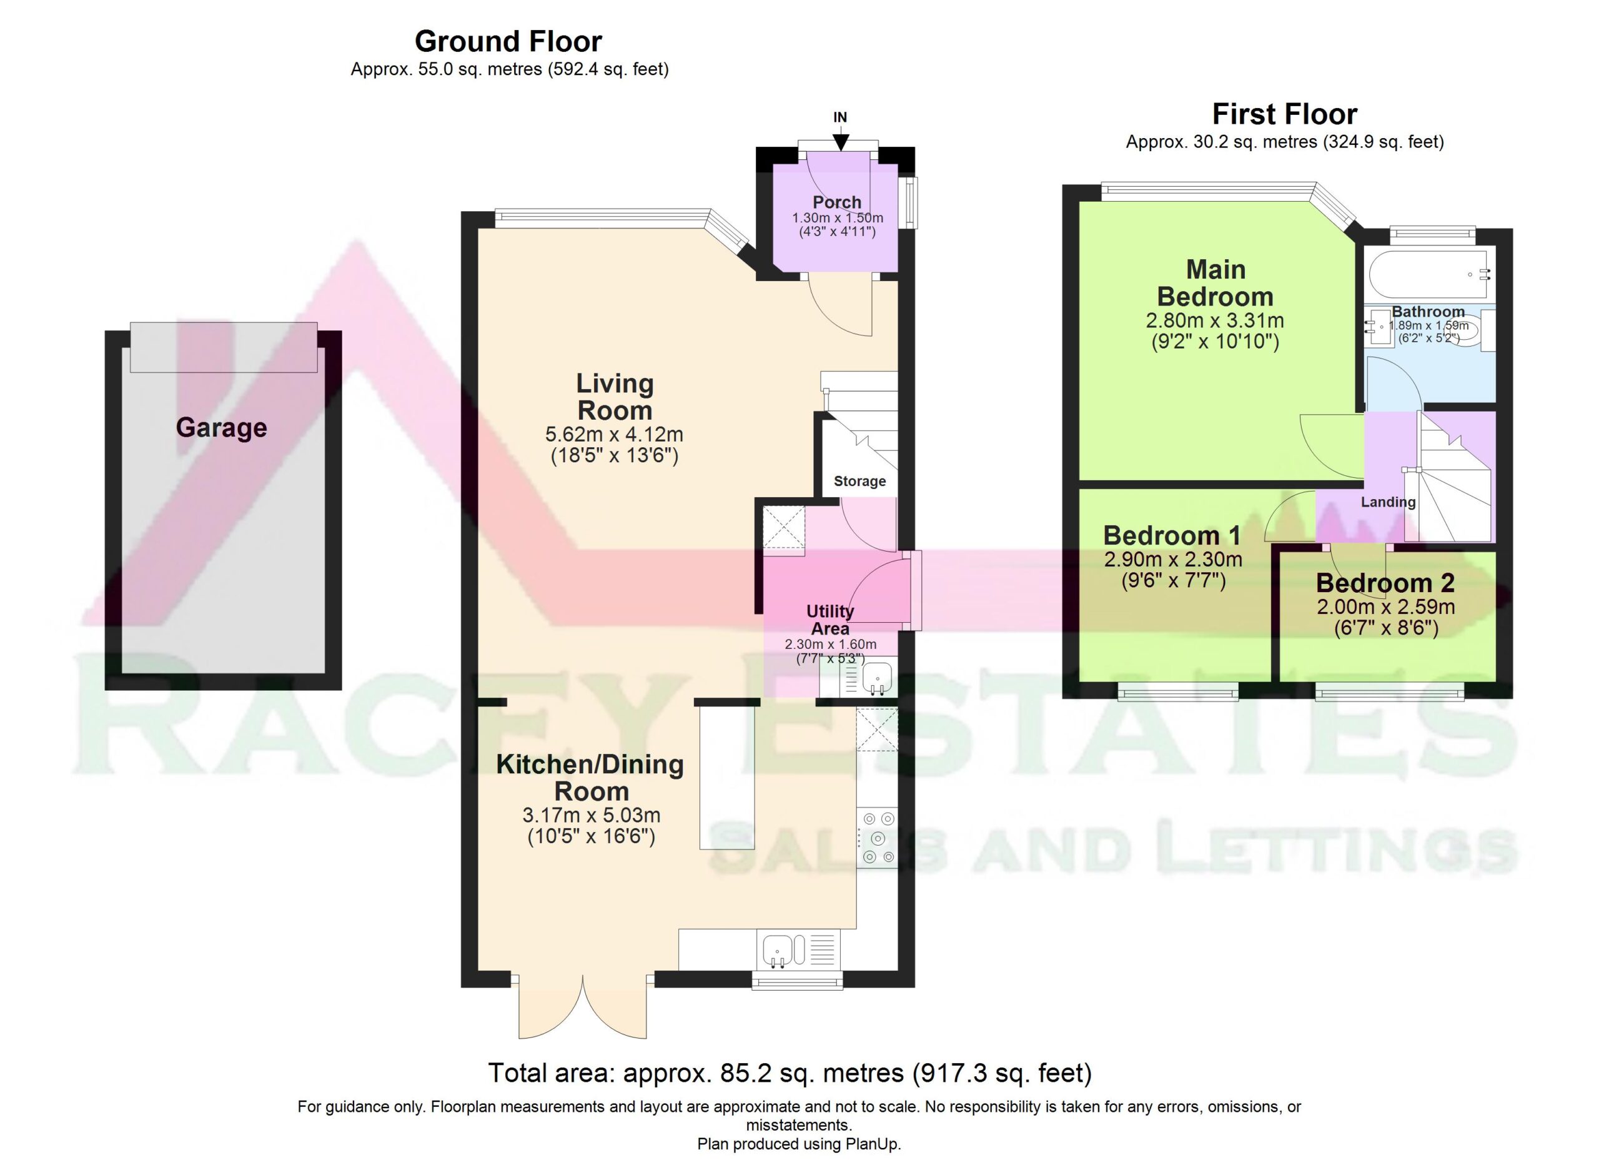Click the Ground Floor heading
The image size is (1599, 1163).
[508, 42]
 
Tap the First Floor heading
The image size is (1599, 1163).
[1285, 114]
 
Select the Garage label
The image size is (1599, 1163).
[221, 428]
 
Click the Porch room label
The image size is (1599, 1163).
[837, 202]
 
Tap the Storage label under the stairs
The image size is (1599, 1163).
[859, 482]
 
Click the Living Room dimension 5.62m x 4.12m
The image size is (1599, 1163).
[614, 434]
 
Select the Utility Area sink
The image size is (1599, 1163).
[876, 679]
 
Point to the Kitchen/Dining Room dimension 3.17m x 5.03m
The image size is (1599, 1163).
[591, 816]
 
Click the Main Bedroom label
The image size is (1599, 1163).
[1215, 283]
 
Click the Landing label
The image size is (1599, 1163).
[1387, 502]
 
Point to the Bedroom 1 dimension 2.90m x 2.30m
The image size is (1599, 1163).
[1173, 560]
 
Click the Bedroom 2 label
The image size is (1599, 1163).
[1385, 583]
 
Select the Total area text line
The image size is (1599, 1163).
[790, 1073]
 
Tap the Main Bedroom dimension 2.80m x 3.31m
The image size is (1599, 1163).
[1215, 320]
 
